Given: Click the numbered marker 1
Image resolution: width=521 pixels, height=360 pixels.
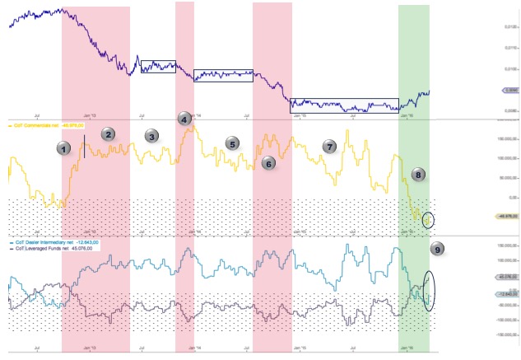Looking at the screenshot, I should [x=63, y=148].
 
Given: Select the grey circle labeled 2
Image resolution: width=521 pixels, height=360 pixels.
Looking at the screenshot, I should [x=109, y=133].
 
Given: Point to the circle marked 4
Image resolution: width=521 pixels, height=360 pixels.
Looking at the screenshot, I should [x=184, y=119].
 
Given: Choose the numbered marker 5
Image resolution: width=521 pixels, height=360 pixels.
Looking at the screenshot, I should [x=233, y=144].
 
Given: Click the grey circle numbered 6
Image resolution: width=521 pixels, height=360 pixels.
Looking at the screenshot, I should [x=267, y=163].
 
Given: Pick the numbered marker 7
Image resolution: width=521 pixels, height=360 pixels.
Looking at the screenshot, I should [x=329, y=147].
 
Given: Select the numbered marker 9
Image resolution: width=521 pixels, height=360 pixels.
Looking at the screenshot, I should [x=436, y=248].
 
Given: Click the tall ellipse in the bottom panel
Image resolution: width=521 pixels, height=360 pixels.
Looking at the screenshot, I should [x=428, y=290].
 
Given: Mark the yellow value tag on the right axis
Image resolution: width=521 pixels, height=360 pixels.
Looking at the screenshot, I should [x=505, y=216].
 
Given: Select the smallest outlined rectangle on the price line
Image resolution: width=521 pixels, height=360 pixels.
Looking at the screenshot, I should [x=158, y=67].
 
